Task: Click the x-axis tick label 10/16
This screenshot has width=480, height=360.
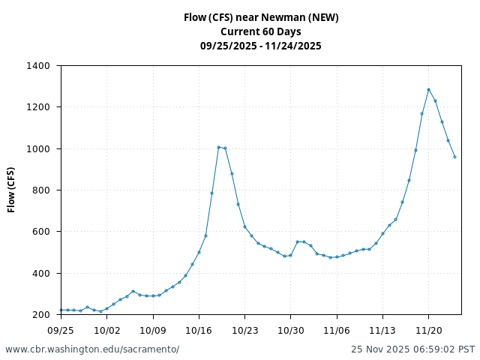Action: [x=199, y=330]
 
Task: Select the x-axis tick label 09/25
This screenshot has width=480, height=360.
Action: [x=61, y=330]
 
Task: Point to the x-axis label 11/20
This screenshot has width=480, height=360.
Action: [x=428, y=330]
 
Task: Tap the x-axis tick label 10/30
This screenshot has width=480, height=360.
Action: [x=291, y=330]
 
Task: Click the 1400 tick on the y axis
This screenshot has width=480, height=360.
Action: [x=38, y=66]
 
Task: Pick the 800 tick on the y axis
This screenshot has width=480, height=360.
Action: [x=41, y=190]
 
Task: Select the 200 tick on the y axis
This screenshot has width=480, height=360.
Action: [x=41, y=315]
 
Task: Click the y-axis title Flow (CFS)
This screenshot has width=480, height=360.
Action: [x=12, y=190]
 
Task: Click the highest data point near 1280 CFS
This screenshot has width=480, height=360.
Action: [x=429, y=90]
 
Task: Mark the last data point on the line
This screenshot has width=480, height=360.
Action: [x=454, y=157]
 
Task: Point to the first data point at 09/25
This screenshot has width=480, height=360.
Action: [x=61, y=310]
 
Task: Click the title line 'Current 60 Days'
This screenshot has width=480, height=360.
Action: [x=261, y=31]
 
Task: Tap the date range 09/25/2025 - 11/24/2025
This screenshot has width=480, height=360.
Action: [x=261, y=46]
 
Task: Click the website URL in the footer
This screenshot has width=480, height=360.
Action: [x=92, y=349]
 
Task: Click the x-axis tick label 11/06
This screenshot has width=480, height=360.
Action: [x=337, y=330]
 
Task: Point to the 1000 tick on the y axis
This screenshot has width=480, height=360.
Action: [x=38, y=149]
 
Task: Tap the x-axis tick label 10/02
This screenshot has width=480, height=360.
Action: [x=106, y=330]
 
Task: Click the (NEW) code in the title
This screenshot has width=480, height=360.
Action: [x=323, y=17]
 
